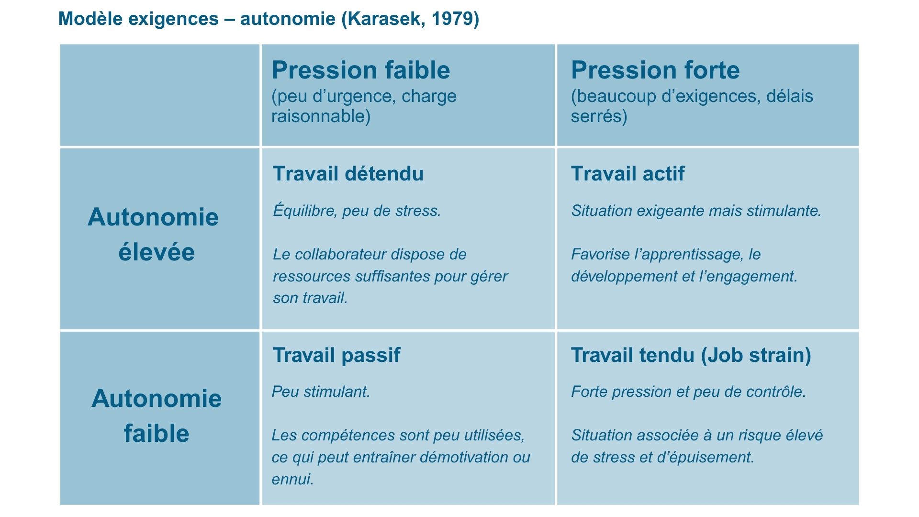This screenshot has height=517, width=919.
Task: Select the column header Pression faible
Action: pyautogui.click(x=361, y=70)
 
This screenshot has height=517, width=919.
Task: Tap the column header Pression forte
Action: pyautogui.click(x=655, y=70)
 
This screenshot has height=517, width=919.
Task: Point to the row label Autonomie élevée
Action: pyautogui.click(x=154, y=235)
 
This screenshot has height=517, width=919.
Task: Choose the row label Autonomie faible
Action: pyautogui.click(x=157, y=416)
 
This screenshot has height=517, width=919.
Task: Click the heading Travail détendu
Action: pyautogui.click(x=348, y=174)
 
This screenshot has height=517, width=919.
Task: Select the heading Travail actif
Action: pyautogui.click(x=628, y=174)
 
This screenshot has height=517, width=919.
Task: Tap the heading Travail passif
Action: pyautogui.click(x=336, y=355)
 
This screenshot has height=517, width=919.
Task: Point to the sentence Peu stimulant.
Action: pyautogui.click(x=321, y=392)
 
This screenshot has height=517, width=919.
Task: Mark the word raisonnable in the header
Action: pyautogui.click(x=318, y=116)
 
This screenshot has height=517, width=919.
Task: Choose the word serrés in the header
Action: pyautogui.click(x=596, y=116)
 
